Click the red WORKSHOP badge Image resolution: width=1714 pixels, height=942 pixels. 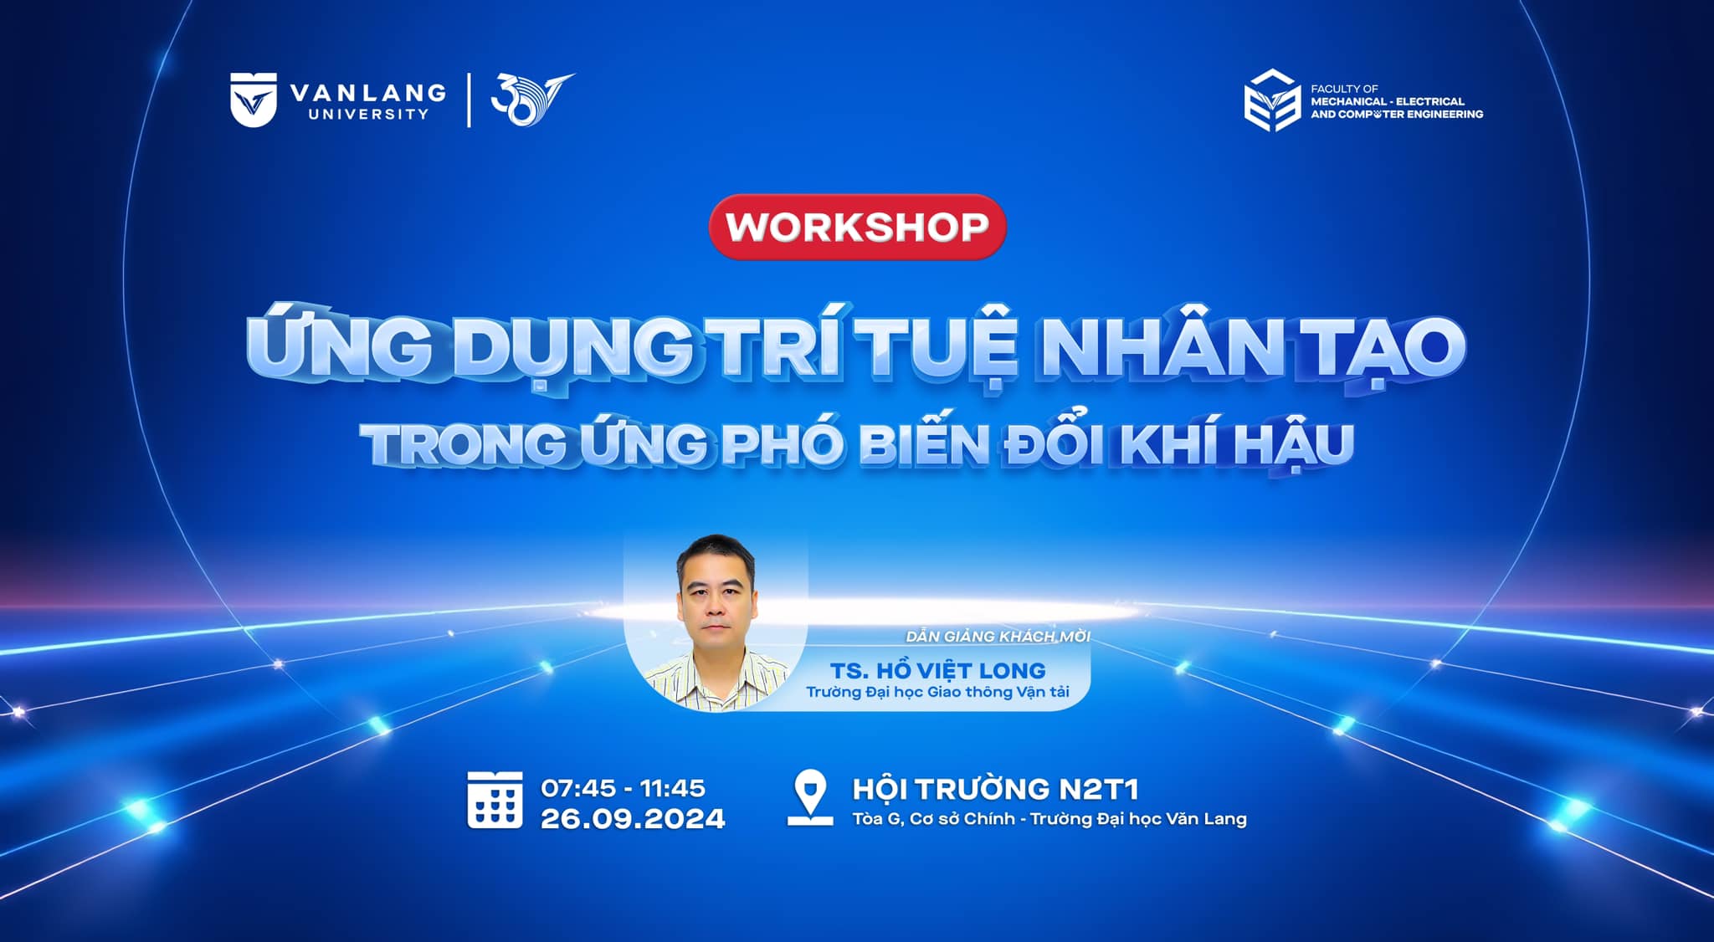[857, 227]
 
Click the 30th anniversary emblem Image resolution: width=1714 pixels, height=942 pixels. [531, 100]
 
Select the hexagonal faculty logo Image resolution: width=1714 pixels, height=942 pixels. [1272, 100]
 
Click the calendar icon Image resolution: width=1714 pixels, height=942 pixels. [495, 801]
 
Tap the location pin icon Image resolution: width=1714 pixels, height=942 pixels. [810, 799]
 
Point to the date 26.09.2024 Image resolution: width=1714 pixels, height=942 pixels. [633, 818]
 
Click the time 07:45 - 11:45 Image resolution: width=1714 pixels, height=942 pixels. [623, 788]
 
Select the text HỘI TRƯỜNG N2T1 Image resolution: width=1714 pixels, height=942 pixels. [995, 789]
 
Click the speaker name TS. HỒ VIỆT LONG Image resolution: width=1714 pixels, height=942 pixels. [938, 669]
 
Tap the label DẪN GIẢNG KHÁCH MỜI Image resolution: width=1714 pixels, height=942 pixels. [998, 637]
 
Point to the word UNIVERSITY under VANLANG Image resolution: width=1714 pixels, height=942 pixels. [368, 114]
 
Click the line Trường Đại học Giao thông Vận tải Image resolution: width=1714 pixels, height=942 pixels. [937, 692]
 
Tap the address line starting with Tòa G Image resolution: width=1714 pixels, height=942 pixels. [1049, 819]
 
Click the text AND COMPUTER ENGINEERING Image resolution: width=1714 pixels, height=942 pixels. [1397, 114]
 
